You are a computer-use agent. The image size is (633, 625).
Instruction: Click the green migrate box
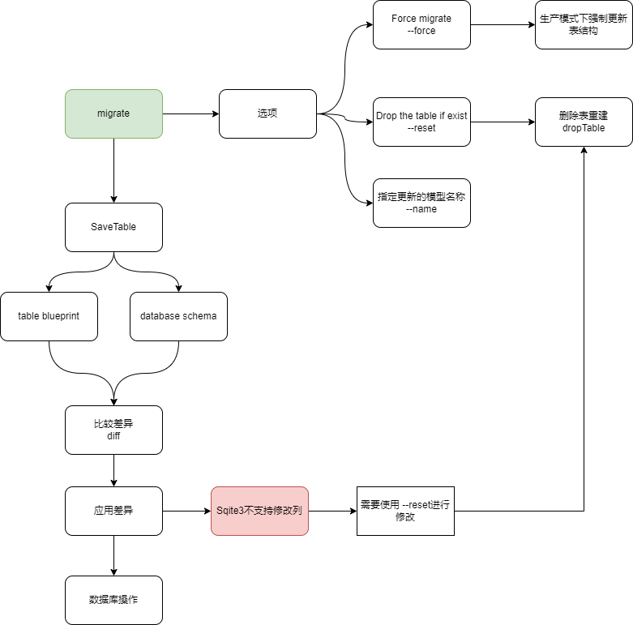113,113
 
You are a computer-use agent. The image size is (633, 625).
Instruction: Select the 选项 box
267,113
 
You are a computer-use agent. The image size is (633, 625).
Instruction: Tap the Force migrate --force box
421,24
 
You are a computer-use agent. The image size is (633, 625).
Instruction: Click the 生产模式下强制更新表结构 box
584,24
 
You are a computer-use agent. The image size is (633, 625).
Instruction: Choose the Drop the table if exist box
421,122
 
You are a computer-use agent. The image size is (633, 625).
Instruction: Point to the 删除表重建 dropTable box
584,122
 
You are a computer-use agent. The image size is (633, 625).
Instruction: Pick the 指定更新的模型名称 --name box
421,203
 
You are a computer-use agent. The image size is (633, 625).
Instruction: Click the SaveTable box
113,227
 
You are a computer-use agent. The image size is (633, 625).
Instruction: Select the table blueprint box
49,316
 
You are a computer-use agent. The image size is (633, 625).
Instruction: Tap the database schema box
178,316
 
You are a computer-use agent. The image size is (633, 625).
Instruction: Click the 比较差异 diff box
113,430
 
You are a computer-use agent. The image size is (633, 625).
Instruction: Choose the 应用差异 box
113,511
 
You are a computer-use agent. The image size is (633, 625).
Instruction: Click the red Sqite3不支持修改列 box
259,511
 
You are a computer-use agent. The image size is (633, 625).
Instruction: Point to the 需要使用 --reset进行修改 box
405,511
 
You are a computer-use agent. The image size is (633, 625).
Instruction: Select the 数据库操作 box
113,600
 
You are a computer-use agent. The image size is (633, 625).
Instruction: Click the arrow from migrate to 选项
190,113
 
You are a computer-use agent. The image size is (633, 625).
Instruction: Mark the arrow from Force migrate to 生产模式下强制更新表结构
503,24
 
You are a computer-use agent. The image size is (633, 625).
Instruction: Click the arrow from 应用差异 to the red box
186,511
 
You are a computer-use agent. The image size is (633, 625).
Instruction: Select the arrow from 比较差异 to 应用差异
113,470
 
